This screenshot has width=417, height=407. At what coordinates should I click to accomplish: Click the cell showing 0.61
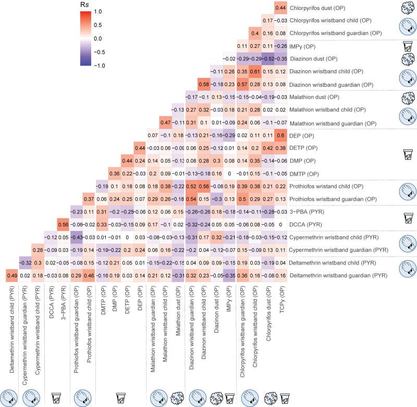click(x=255, y=71)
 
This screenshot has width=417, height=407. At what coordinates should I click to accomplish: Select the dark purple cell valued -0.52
click(x=267, y=59)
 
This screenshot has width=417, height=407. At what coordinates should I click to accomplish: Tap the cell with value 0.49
click(x=11, y=275)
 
